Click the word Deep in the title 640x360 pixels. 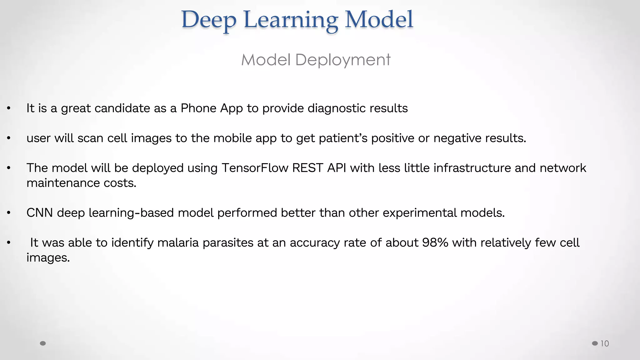[209, 20]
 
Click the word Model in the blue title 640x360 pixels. [379, 19]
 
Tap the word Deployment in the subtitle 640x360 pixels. [343, 60]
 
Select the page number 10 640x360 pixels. [605, 344]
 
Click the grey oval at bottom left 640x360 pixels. [43, 343]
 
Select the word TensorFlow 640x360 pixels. [255, 168]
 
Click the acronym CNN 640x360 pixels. [40, 213]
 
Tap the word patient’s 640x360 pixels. [343, 138]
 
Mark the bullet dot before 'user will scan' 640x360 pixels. [9, 138]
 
